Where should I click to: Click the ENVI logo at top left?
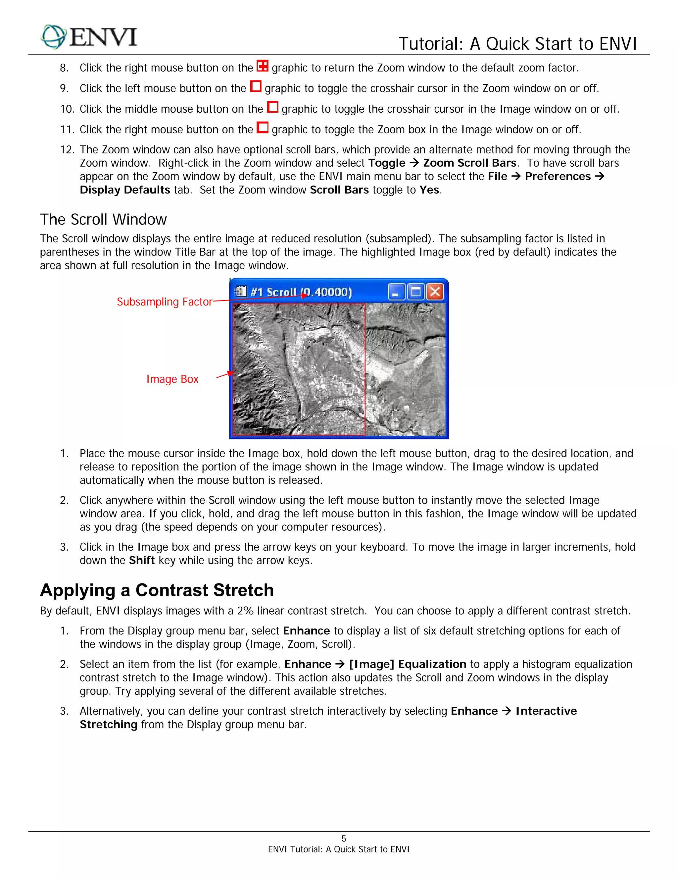(x=89, y=37)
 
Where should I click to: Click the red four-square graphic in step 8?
(x=262, y=66)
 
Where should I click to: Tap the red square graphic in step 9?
(x=256, y=86)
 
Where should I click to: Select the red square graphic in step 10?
(x=272, y=107)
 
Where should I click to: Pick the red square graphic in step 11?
(x=262, y=128)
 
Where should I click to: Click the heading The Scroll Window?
(x=103, y=219)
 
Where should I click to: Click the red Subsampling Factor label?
(x=164, y=302)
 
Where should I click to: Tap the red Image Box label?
(x=172, y=379)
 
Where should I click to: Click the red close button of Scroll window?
(x=435, y=292)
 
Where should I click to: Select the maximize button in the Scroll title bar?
(x=416, y=292)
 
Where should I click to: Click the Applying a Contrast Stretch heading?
(x=157, y=590)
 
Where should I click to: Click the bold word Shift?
(x=142, y=560)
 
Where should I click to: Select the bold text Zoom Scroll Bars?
(x=469, y=163)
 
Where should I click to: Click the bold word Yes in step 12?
(x=429, y=190)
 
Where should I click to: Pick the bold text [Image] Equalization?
(x=407, y=664)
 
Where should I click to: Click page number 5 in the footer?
(x=343, y=839)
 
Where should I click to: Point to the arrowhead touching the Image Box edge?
(x=231, y=373)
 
